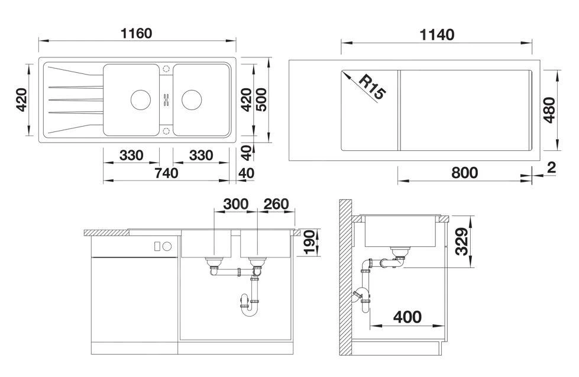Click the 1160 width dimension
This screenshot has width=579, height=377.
point(136,33)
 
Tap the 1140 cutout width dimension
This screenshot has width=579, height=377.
point(437,35)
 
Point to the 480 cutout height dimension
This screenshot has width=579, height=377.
point(549,109)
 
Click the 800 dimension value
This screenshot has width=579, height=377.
point(464,173)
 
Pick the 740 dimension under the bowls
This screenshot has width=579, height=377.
point(166,173)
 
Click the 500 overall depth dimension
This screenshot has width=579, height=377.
point(261,99)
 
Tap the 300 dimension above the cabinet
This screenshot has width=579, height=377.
point(236,204)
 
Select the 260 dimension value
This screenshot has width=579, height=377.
point(277,204)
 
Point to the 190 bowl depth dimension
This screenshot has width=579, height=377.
point(309,242)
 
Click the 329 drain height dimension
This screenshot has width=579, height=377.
point(461,241)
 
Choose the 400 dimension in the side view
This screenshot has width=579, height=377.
point(407,317)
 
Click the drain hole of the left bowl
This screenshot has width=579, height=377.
point(141,99)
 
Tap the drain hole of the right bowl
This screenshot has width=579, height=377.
point(192,99)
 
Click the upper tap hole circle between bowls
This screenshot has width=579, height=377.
point(166,69)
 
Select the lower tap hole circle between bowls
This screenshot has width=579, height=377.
point(166,130)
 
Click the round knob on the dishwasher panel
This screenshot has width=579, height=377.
point(167,246)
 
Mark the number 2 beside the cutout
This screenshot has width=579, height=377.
point(551,168)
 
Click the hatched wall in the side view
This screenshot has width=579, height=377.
point(345,277)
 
